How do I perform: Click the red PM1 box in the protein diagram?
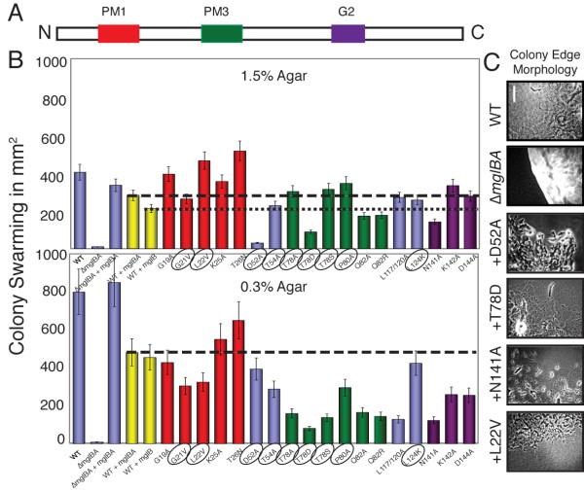(x=118, y=33)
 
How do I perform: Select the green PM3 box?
(x=222, y=33)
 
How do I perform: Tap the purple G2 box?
(x=347, y=33)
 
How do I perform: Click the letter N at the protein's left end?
(x=44, y=33)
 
